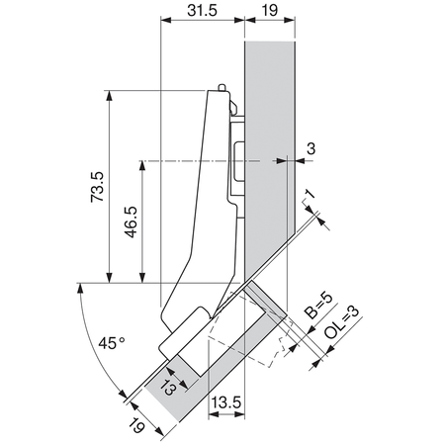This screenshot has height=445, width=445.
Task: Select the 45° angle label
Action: [111, 344]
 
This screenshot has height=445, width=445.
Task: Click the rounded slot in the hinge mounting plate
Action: [237, 163]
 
